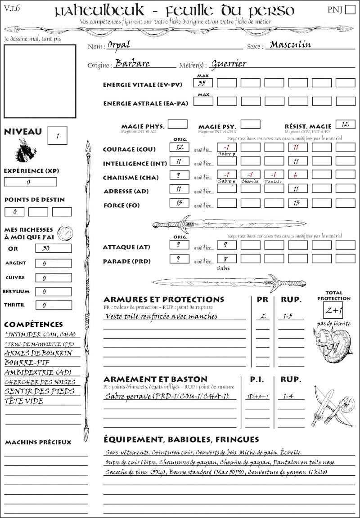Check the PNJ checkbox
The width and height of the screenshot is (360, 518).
point(350,10)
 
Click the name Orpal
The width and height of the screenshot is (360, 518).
point(119,45)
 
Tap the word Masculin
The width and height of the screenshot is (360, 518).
point(290,45)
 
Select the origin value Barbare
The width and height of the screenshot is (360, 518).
point(132,63)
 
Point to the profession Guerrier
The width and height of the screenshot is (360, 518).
point(229,63)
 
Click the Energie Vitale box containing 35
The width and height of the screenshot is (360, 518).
point(203,83)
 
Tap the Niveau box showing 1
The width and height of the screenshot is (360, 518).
point(58,135)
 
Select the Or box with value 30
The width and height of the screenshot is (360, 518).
point(53,248)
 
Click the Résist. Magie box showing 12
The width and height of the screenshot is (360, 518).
point(345,124)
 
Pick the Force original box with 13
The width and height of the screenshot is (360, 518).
point(179,203)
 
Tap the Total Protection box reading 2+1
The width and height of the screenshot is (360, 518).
point(333,310)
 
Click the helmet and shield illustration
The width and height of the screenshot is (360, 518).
point(332,344)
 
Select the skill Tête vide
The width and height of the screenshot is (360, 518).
point(24,401)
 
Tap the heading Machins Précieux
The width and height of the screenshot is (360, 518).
point(38,442)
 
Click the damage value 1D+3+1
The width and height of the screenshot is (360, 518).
point(257,397)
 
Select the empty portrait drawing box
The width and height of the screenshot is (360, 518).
point(40,80)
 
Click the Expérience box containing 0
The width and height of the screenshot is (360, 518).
point(30,182)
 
